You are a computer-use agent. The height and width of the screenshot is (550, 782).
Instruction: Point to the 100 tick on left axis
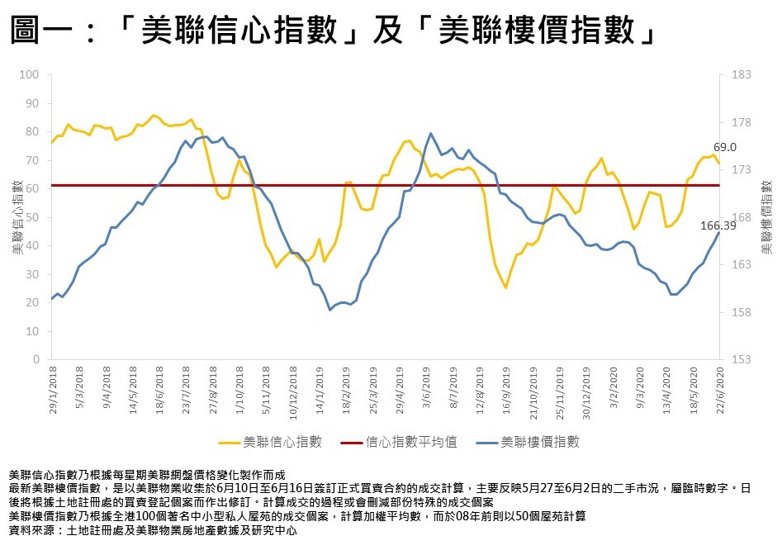tap(31, 74)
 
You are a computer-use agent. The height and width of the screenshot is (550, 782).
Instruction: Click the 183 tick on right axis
tap(741, 74)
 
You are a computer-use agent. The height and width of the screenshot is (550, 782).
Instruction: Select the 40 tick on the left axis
tap(34, 245)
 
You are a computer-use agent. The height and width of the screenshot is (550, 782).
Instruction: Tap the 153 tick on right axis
tap(741, 360)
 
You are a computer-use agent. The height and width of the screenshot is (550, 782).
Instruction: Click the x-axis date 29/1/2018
tap(53, 392)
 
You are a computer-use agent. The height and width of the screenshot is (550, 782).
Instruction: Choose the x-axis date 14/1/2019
tap(319, 392)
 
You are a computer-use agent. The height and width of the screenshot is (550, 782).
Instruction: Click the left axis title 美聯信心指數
tap(17, 216)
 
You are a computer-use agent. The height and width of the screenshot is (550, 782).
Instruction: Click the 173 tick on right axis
tap(741, 169)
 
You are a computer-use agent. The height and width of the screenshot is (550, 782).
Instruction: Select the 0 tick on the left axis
tap(37, 360)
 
